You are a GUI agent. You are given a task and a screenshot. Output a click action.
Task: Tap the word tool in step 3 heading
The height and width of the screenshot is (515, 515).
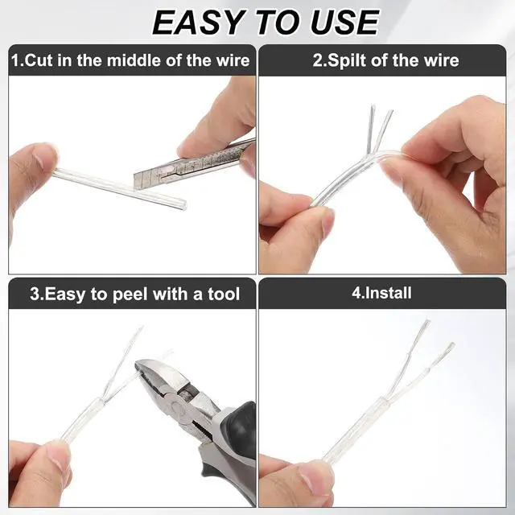tap(224, 294)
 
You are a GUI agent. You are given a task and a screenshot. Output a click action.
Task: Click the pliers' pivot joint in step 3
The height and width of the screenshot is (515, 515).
tap(178, 406)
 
